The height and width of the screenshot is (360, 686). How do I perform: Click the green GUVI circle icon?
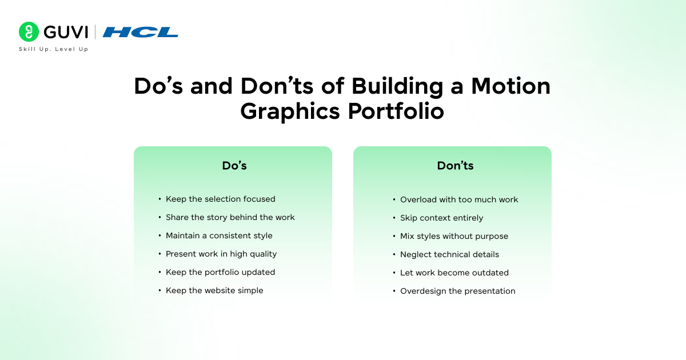pyautogui.click(x=29, y=31)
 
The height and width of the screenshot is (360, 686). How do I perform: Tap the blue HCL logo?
pyautogui.click(x=141, y=32)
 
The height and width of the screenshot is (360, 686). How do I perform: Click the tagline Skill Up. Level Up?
pyautogui.click(x=54, y=49)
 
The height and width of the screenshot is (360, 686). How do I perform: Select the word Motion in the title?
pyautogui.click(x=511, y=86)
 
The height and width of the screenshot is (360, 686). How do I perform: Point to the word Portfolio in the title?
pyautogui.click(x=396, y=111)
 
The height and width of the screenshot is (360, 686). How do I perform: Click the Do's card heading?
pyautogui.click(x=234, y=166)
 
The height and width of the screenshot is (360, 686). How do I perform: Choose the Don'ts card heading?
pyautogui.click(x=455, y=166)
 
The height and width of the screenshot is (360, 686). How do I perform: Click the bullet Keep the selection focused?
pyautogui.click(x=221, y=199)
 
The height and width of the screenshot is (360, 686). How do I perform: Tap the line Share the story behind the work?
pyautogui.click(x=230, y=217)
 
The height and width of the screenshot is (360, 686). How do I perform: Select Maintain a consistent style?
pyautogui.click(x=219, y=235)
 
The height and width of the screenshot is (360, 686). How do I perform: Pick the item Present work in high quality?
pyautogui.click(x=221, y=254)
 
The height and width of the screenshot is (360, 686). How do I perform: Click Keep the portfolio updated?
pyautogui.click(x=221, y=272)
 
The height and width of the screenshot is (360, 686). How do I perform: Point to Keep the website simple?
pyautogui.click(x=214, y=290)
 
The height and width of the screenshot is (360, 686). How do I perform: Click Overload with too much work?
pyautogui.click(x=459, y=199)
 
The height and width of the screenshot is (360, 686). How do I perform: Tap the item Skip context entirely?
pyautogui.click(x=441, y=218)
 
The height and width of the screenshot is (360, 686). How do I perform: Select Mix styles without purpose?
pyautogui.click(x=454, y=237)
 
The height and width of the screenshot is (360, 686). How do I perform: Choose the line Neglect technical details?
pyautogui.click(x=449, y=254)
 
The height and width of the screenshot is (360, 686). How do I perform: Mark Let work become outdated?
pyautogui.click(x=454, y=273)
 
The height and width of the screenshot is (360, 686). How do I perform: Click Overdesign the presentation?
pyautogui.click(x=458, y=291)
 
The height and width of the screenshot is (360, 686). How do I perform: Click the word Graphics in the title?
pyautogui.click(x=290, y=111)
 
